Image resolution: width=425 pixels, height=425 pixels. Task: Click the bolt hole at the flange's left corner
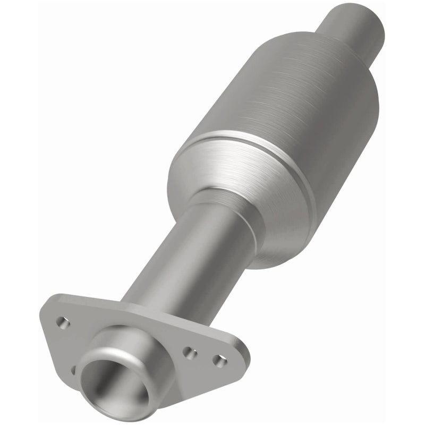click(63, 322)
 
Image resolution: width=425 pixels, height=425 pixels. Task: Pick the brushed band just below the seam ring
click(234, 175)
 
